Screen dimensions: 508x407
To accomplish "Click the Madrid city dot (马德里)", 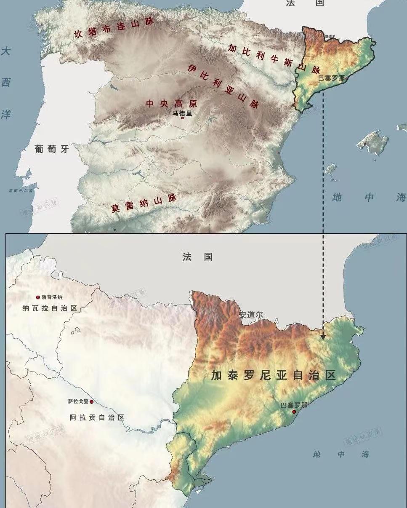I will coord(182,118).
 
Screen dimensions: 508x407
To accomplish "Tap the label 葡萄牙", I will coord(52,148).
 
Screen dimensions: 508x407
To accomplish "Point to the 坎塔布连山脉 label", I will coord(114,28).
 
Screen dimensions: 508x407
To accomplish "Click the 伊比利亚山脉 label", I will coord(223,86).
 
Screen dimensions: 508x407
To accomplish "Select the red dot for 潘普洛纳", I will coord(38,297).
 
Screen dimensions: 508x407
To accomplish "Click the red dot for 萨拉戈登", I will coord(91,402).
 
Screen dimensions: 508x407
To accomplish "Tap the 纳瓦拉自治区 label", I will coord(50,308).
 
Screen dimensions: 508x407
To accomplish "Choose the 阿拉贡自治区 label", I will coord(97,418).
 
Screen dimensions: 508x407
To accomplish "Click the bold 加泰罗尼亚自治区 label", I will coord(273,375).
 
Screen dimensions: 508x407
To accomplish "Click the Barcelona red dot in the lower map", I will coord(294,412).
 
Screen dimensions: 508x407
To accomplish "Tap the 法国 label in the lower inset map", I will coord(197,257).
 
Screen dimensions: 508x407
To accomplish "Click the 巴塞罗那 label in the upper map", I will coord(331,78).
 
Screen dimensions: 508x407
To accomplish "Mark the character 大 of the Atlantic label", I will coord(5,52).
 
